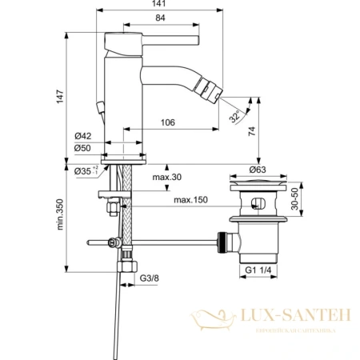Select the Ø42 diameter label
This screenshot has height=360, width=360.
pyautogui.click(x=86, y=137)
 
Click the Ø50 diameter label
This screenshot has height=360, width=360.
pyautogui.click(x=86, y=148)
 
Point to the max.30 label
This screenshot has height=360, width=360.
pyautogui.click(x=167, y=177)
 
